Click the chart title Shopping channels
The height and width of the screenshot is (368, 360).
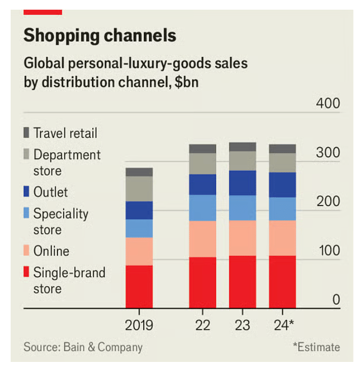(100, 36)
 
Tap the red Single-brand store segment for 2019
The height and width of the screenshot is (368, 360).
(139, 286)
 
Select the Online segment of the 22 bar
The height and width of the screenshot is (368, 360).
(202, 239)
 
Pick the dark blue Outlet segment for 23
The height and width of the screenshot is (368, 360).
(242, 183)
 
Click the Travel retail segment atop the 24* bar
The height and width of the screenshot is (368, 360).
(282, 148)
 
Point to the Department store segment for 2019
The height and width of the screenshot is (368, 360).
(139, 189)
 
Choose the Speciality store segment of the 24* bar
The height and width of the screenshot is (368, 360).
(282, 208)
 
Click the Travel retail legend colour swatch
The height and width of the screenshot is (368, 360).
(27, 134)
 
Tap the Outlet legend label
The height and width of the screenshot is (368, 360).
(50, 192)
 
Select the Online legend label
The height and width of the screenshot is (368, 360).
(51, 251)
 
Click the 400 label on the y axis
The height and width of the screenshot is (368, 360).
(327, 103)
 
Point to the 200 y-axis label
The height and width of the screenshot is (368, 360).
(327, 201)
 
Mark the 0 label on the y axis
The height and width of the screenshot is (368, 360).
(336, 299)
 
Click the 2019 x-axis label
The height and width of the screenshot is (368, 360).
(139, 325)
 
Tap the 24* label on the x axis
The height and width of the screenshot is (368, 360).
(284, 325)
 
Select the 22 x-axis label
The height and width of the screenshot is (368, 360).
(202, 325)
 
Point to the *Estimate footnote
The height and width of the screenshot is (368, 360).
(316, 347)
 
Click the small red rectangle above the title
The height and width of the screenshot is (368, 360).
(43, 12)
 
